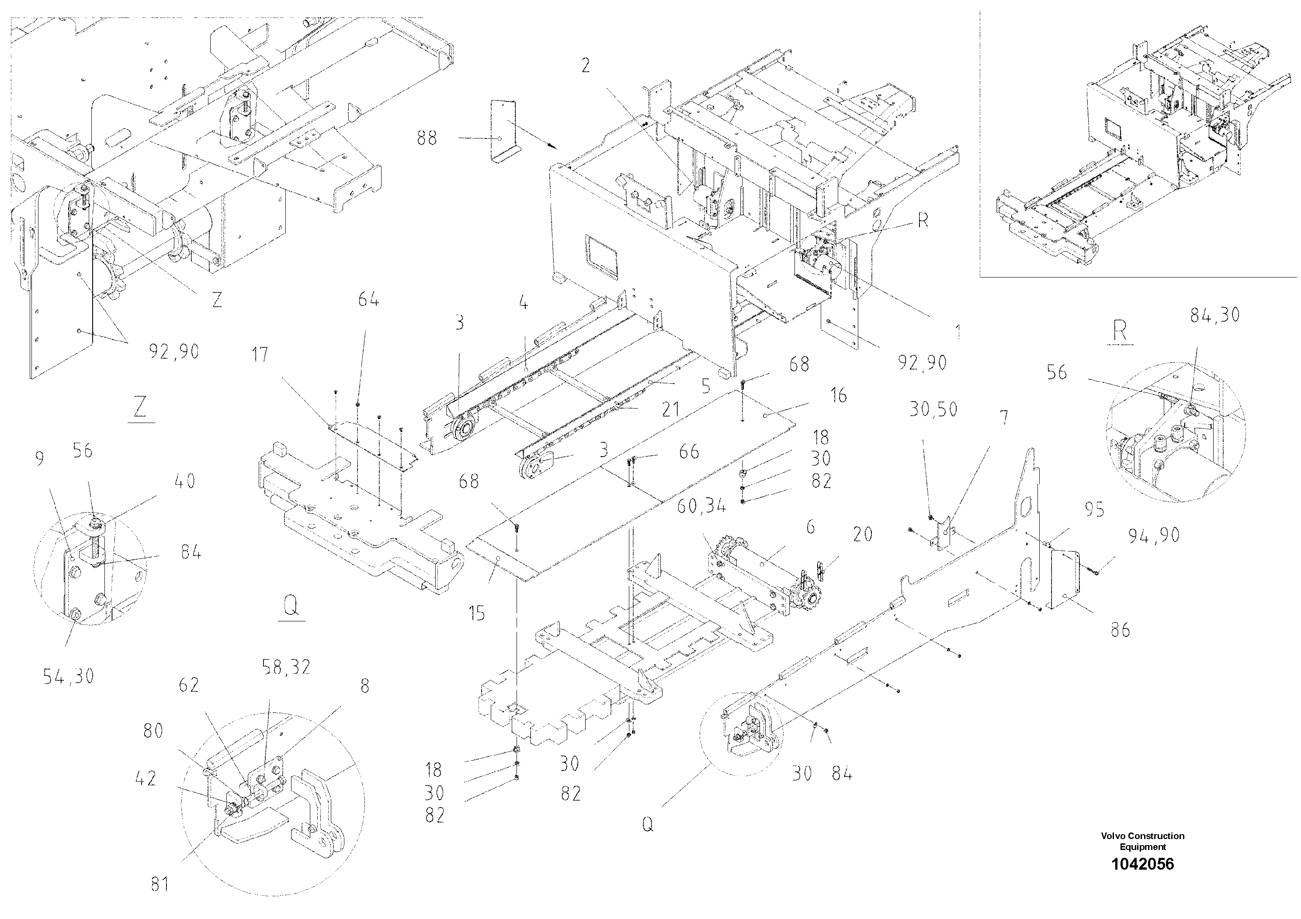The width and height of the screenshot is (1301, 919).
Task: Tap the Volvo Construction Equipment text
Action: (1142, 841)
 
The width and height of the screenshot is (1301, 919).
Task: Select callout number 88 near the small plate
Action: (427, 138)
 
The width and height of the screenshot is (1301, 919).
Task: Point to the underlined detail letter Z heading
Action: (140, 406)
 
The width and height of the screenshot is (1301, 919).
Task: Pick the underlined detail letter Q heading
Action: (291, 607)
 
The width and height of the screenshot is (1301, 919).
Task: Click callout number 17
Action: (260, 355)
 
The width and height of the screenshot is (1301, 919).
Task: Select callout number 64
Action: (368, 299)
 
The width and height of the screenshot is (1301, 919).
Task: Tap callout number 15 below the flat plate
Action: (477, 613)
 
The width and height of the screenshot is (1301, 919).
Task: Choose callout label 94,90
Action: (1154, 535)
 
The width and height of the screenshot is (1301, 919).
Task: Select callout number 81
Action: (160, 884)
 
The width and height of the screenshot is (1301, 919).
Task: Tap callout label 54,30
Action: (69, 676)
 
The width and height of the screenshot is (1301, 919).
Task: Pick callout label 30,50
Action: (933, 409)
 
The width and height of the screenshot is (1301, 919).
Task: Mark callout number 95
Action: (1094, 510)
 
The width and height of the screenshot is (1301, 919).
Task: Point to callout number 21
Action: (670, 409)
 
